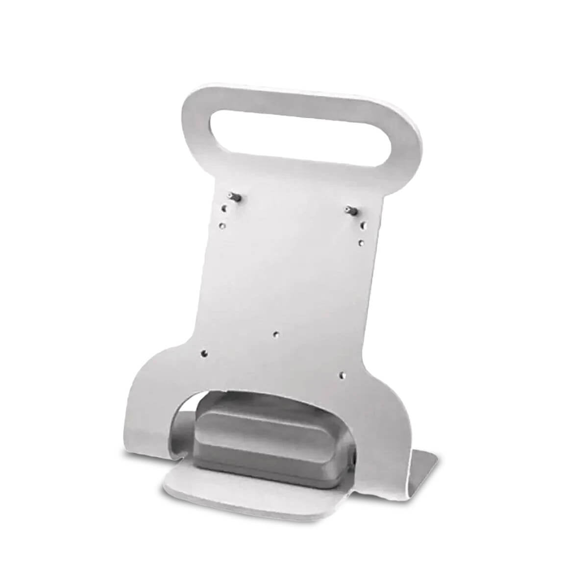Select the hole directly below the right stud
click(x=363, y=225)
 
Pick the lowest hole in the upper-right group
click(x=360, y=243)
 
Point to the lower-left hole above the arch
click(x=205, y=352)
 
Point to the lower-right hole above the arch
click(x=343, y=376)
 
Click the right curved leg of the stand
click(x=387, y=441)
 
